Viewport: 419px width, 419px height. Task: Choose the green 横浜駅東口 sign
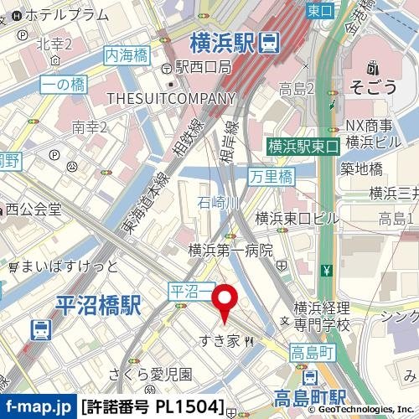tap(302, 146)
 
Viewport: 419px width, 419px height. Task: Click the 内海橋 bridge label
tap(126, 54)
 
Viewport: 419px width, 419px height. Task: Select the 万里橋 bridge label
tap(272, 176)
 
